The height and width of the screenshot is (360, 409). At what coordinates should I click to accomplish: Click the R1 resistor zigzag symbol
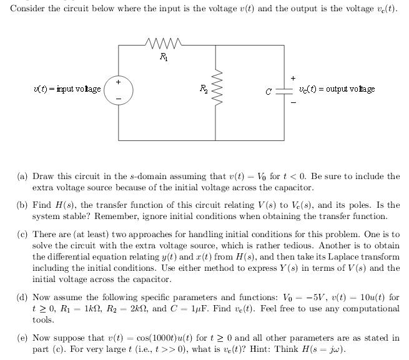(164, 44)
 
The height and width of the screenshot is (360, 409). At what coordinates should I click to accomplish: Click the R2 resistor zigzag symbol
(216, 87)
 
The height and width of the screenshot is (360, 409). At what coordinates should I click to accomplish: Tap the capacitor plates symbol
(284, 91)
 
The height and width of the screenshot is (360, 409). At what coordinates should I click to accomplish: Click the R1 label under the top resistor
(164, 57)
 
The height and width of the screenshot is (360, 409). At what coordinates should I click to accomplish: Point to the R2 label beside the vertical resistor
(204, 89)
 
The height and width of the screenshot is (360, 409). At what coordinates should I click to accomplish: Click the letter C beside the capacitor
(269, 92)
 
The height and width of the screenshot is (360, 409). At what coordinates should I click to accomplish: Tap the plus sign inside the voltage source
(119, 82)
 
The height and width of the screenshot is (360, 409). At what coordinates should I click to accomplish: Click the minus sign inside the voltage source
(119, 99)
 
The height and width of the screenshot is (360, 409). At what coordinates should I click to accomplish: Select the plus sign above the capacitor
(293, 78)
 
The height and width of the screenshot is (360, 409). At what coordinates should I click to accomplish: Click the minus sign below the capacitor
(293, 102)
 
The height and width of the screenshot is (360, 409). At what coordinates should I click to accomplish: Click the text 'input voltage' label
(79, 89)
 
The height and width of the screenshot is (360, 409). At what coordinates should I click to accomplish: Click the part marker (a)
(22, 177)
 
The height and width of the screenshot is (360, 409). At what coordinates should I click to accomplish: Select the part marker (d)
(22, 298)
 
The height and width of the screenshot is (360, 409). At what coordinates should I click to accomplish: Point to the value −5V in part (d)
(315, 297)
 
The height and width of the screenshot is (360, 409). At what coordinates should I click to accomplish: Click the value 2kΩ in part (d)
(139, 309)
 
